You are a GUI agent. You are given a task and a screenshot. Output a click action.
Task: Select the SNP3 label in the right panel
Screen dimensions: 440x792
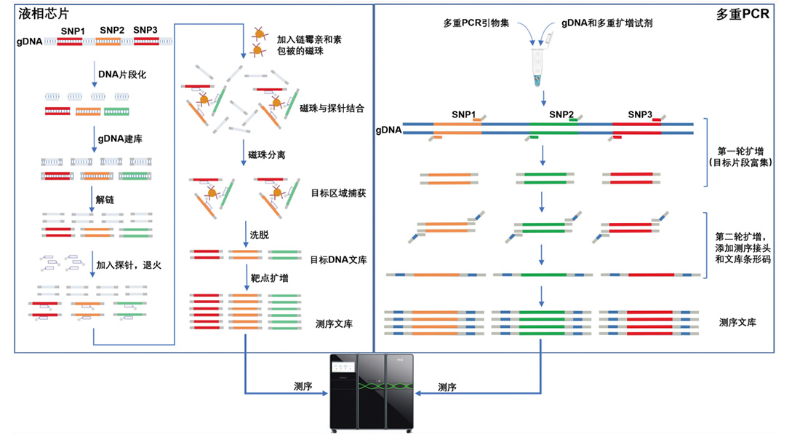640,114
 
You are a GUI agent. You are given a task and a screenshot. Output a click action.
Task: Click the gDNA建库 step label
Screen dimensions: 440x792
119,137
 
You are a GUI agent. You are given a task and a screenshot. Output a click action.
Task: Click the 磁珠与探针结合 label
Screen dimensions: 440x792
331,107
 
